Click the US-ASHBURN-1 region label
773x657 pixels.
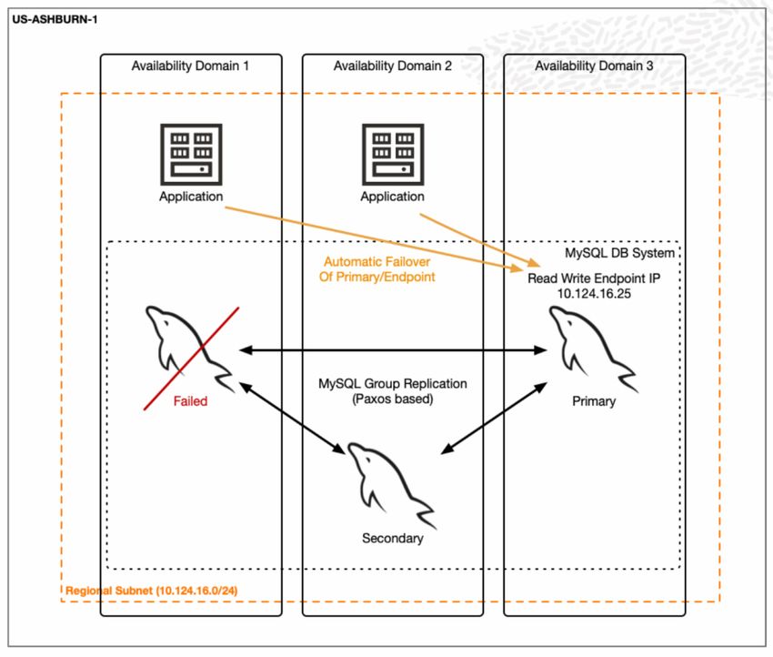(x=55, y=20)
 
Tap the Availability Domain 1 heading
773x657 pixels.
(x=190, y=66)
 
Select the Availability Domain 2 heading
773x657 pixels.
(x=393, y=66)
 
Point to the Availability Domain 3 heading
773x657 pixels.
(x=594, y=66)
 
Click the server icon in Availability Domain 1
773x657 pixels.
(x=191, y=155)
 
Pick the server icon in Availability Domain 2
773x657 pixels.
(x=393, y=155)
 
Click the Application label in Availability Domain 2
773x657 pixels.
(x=393, y=197)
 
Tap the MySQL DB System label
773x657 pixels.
(x=619, y=253)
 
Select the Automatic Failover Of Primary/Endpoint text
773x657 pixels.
(x=377, y=269)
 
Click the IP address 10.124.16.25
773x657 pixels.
(x=594, y=294)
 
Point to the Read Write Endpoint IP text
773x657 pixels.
(x=594, y=278)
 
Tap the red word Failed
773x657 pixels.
(x=190, y=401)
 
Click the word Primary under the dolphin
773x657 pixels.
(x=594, y=401)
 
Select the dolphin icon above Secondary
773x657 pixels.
(x=391, y=486)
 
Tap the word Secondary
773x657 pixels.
(x=393, y=538)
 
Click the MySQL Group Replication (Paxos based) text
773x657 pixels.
(x=393, y=390)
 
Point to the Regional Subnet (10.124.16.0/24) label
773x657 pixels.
(x=151, y=591)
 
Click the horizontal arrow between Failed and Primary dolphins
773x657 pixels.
(x=393, y=350)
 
